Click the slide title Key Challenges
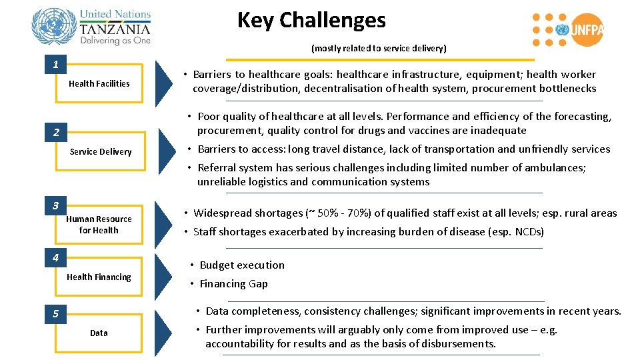[x=311, y=20]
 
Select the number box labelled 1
[x=55, y=65]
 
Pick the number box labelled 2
[x=56, y=133]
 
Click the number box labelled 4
[x=56, y=257]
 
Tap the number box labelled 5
[x=56, y=313]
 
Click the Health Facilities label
[x=99, y=83]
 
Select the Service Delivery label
[x=101, y=151]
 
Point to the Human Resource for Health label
[x=99, y=225]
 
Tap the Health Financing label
[x=99, y=277]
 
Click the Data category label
[x=99, y=333]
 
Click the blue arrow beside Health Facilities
[x=163, y=83]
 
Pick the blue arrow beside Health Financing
[x=163, y=276]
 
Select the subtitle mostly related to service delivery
[x=379, y=48]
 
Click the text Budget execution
[x=242, y=265]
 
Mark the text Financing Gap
[x=233, y=283]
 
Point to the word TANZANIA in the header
[x=115, y=29]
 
